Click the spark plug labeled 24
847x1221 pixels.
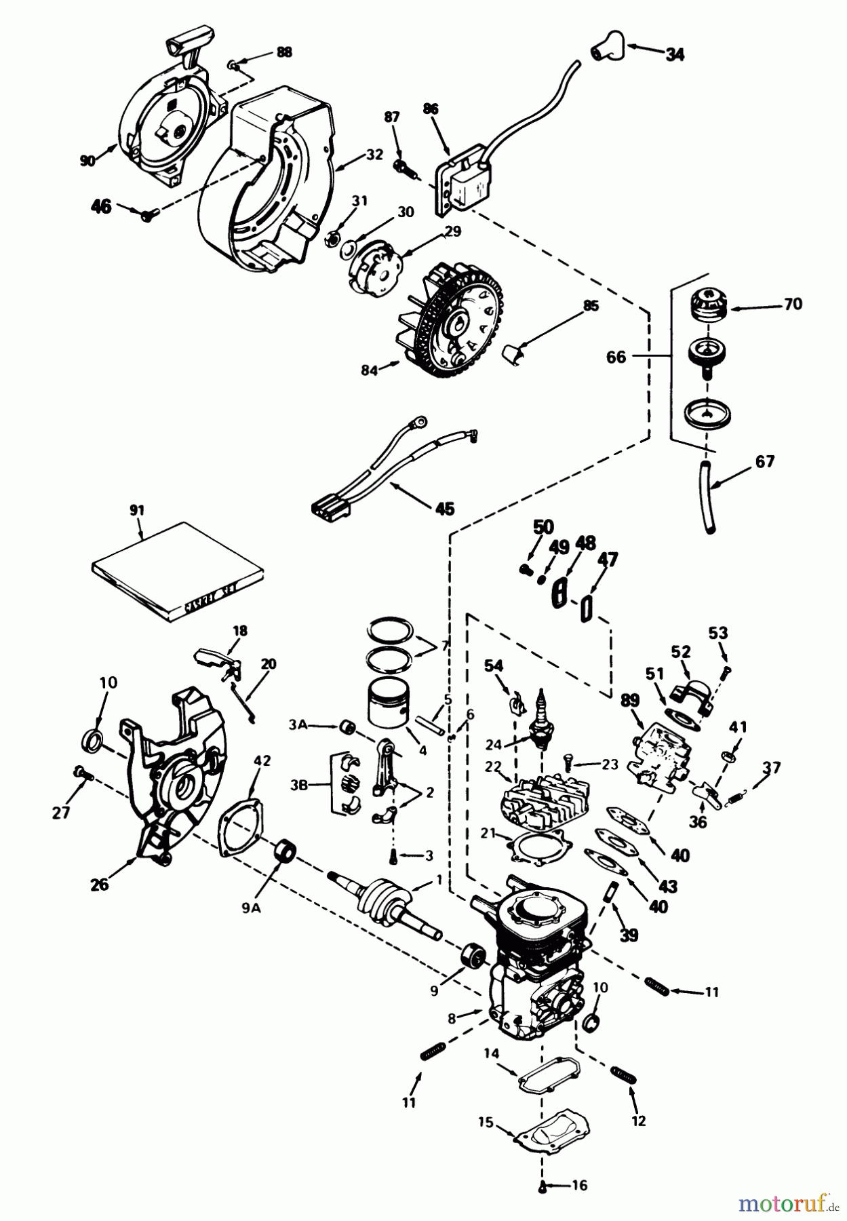pos(543,722)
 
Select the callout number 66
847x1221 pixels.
pos(616,356)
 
